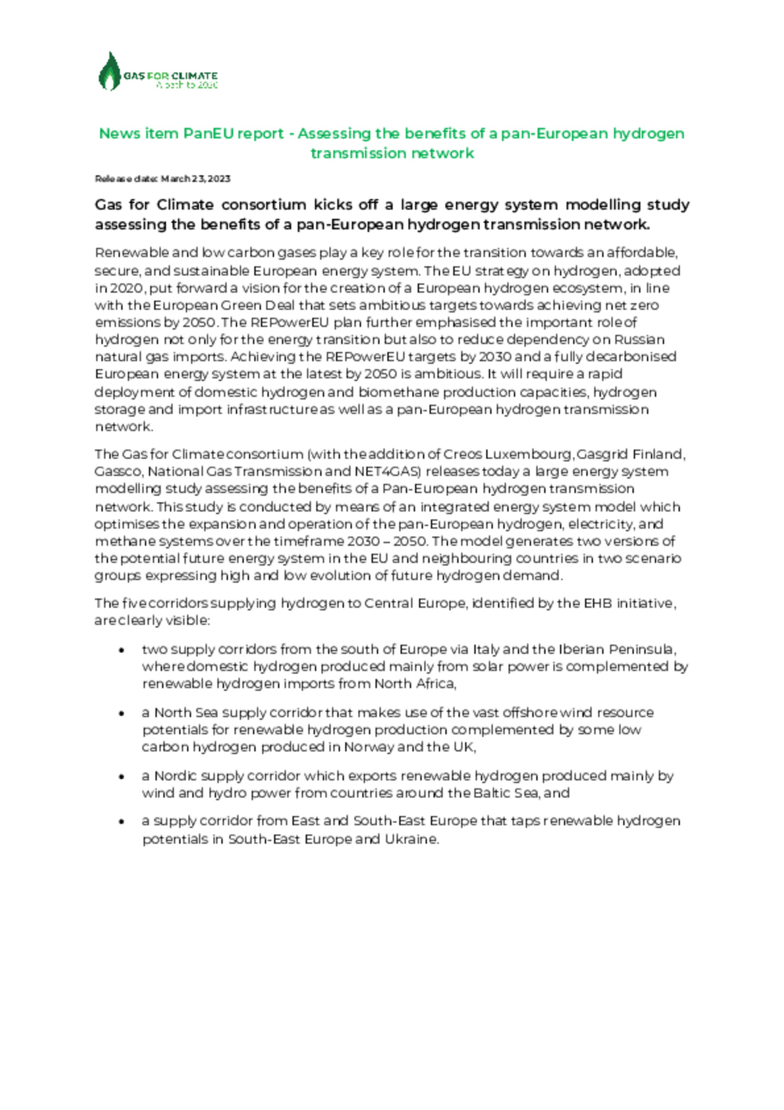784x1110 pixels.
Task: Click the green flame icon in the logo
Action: tap(110, 71)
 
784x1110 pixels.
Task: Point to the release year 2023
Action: tap(219, 179)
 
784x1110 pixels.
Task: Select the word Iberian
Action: tap(581, 649)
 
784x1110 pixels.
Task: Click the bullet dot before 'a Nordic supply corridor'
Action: tap(122, 776)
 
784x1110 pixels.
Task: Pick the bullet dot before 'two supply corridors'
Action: tap(122, 650)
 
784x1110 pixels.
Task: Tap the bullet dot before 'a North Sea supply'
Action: tap(122, 713)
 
